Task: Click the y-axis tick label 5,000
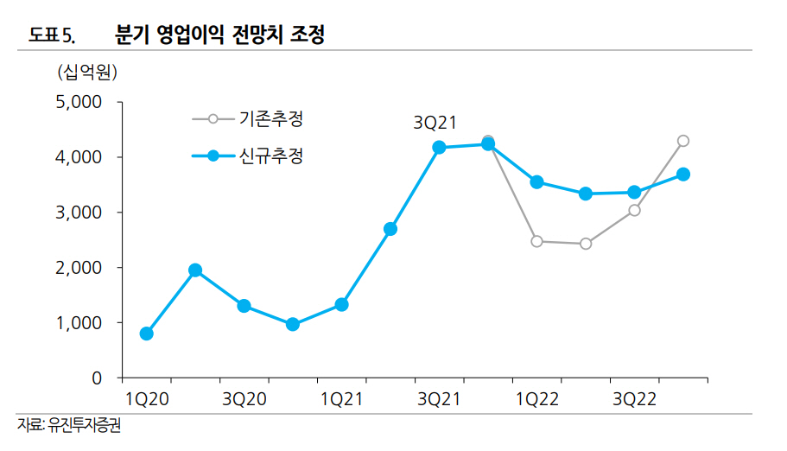click(x=79, y=102)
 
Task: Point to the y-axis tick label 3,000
click(x=79, y=213)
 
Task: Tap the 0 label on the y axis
click(x=96, y=378)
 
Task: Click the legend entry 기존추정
click(x=270, y=118)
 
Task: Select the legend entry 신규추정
click(x=270, y=156)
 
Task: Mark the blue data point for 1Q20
click(x=147, y=333)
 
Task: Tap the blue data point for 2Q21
click(x=390, y=229)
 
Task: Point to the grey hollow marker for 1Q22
click(x=536, y=241)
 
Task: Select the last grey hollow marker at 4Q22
click(x=683, y=141)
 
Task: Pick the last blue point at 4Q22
click(x=683, y=174)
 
